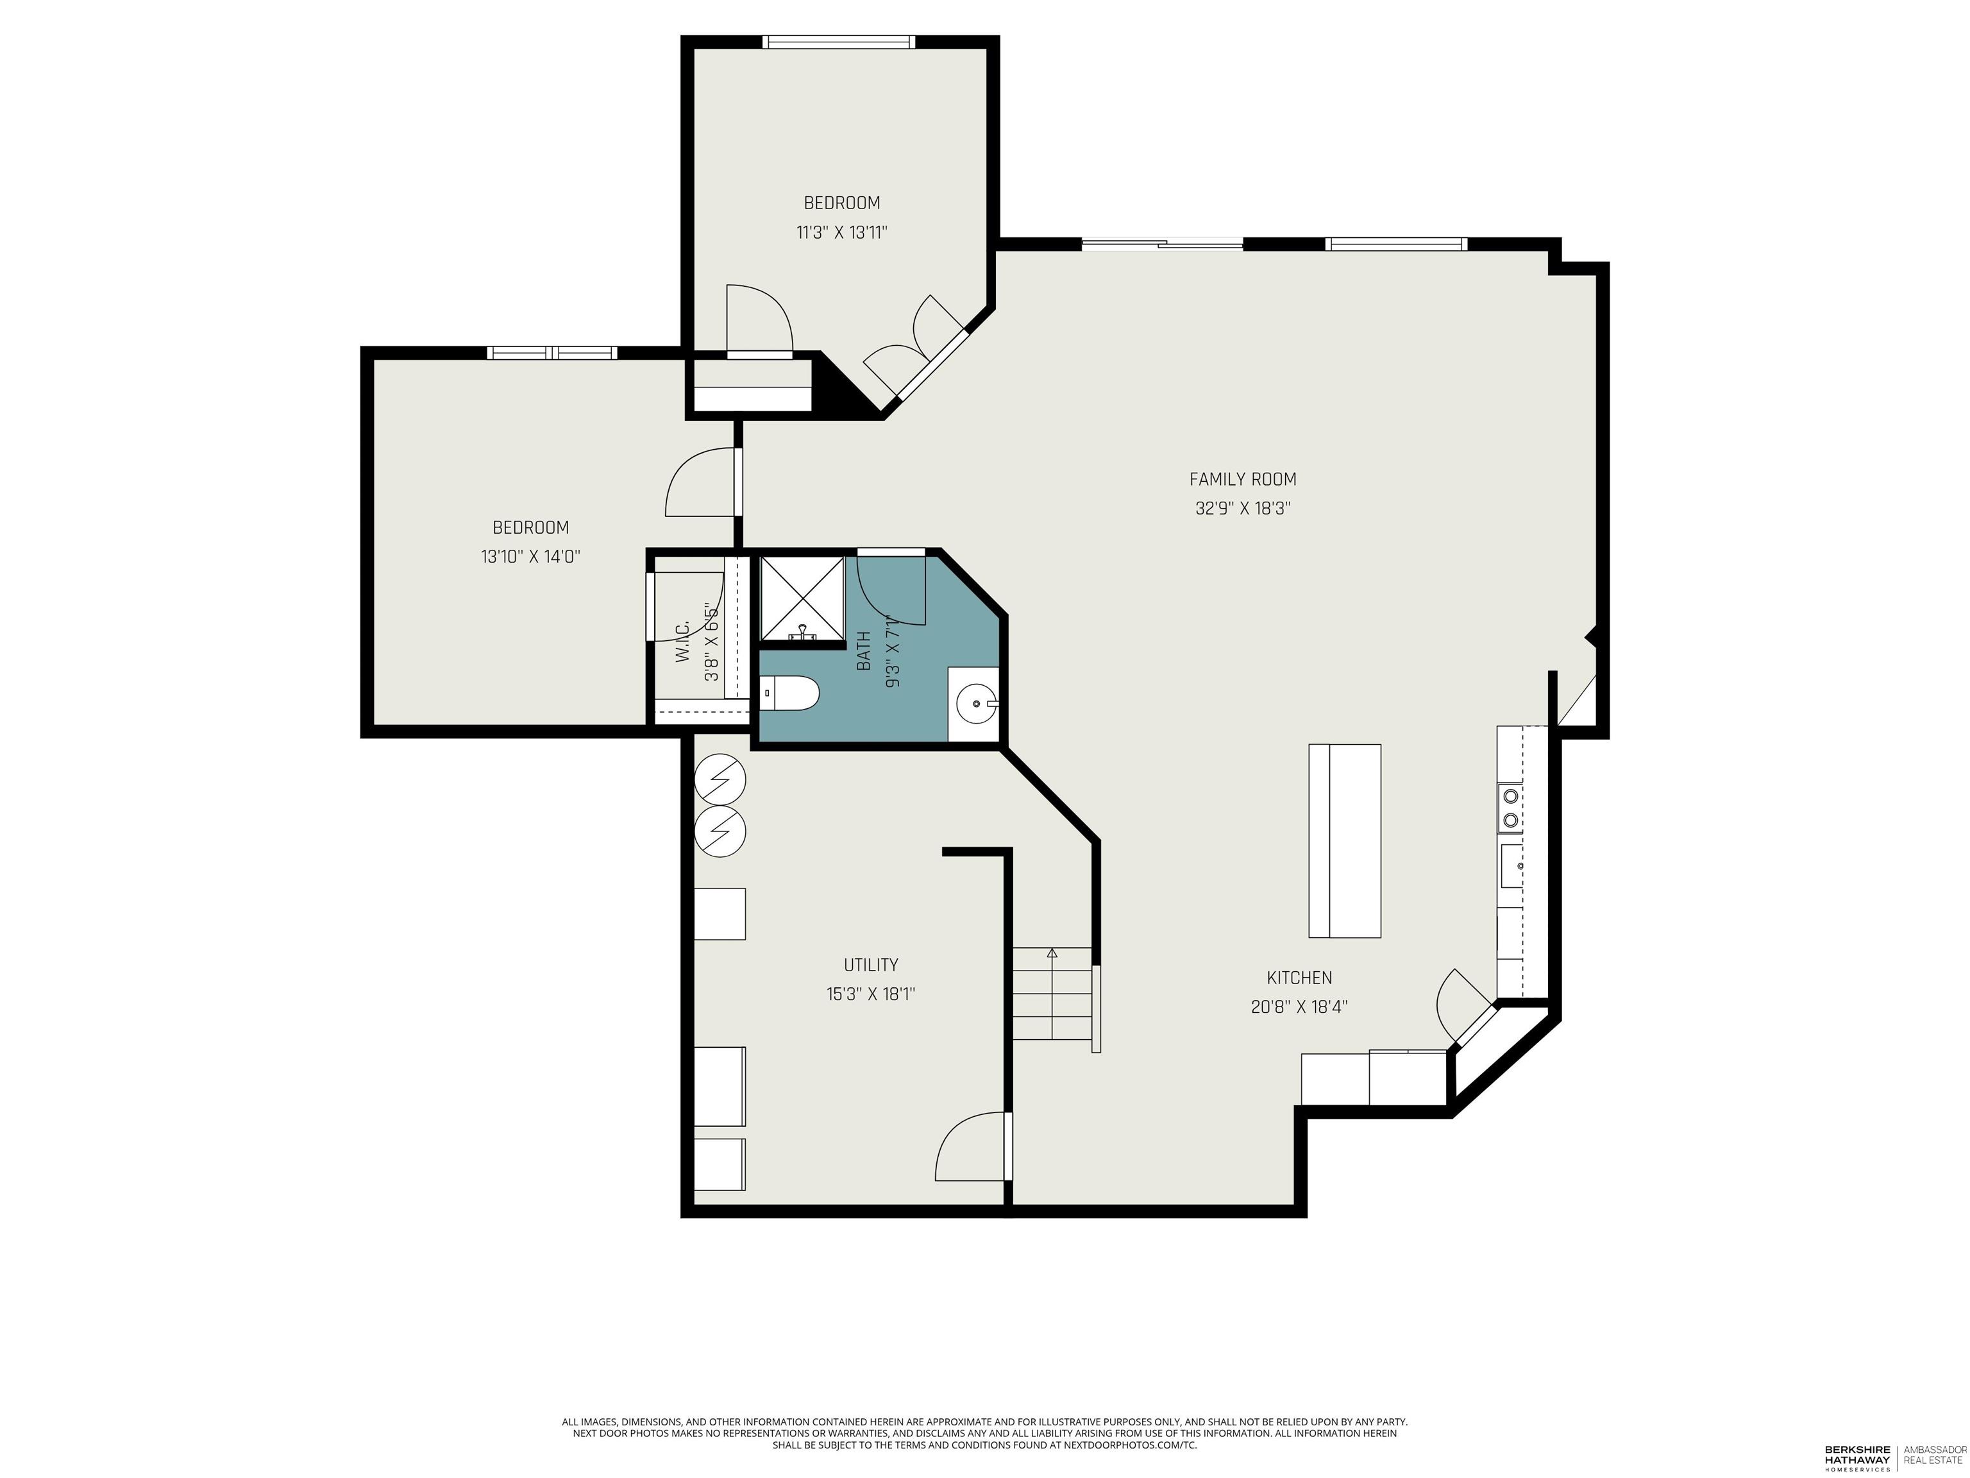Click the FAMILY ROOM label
[1242, 479]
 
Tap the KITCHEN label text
[1299, 978]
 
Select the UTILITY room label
[871, 965]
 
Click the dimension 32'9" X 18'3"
[1242, 509]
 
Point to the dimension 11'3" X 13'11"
[841, 232]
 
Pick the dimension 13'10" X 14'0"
[531, 557]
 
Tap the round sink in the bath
[975, 704]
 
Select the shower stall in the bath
[802, 599]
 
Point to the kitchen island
[1345, 841]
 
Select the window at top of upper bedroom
[839, 42]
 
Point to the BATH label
[863, 651]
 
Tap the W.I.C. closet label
[683, 641]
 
